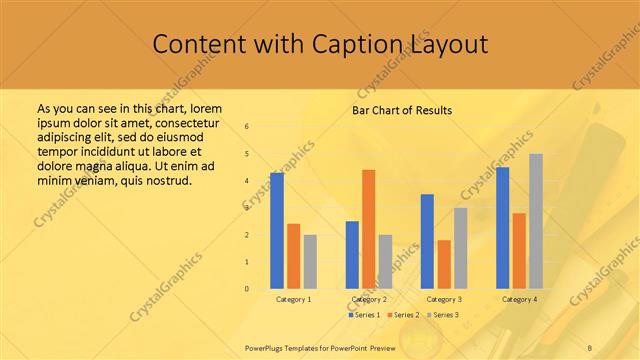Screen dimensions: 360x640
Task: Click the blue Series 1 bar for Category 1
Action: coord(277,231)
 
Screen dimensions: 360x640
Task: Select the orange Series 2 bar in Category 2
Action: coord(368,229)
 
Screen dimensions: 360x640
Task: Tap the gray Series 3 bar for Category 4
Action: coord(536,221)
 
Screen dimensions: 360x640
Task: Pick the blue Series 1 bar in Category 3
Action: coord(427,241)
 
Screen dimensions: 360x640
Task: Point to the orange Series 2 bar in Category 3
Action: coord(444,264)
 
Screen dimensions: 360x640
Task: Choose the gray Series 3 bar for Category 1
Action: coord(310,261)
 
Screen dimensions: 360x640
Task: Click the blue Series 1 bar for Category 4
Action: coord(502,228)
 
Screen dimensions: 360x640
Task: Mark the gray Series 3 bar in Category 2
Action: coord(385,261)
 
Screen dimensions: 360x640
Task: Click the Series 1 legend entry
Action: coord(364,315)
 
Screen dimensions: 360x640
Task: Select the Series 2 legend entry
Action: coord(403,315)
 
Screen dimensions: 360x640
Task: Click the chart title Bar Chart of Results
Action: coord(402,110)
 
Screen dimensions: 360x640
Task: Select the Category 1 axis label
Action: coord(294,299)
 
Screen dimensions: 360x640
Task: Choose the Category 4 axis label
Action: coord(519,299)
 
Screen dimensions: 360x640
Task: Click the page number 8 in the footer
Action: coord(589,346)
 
